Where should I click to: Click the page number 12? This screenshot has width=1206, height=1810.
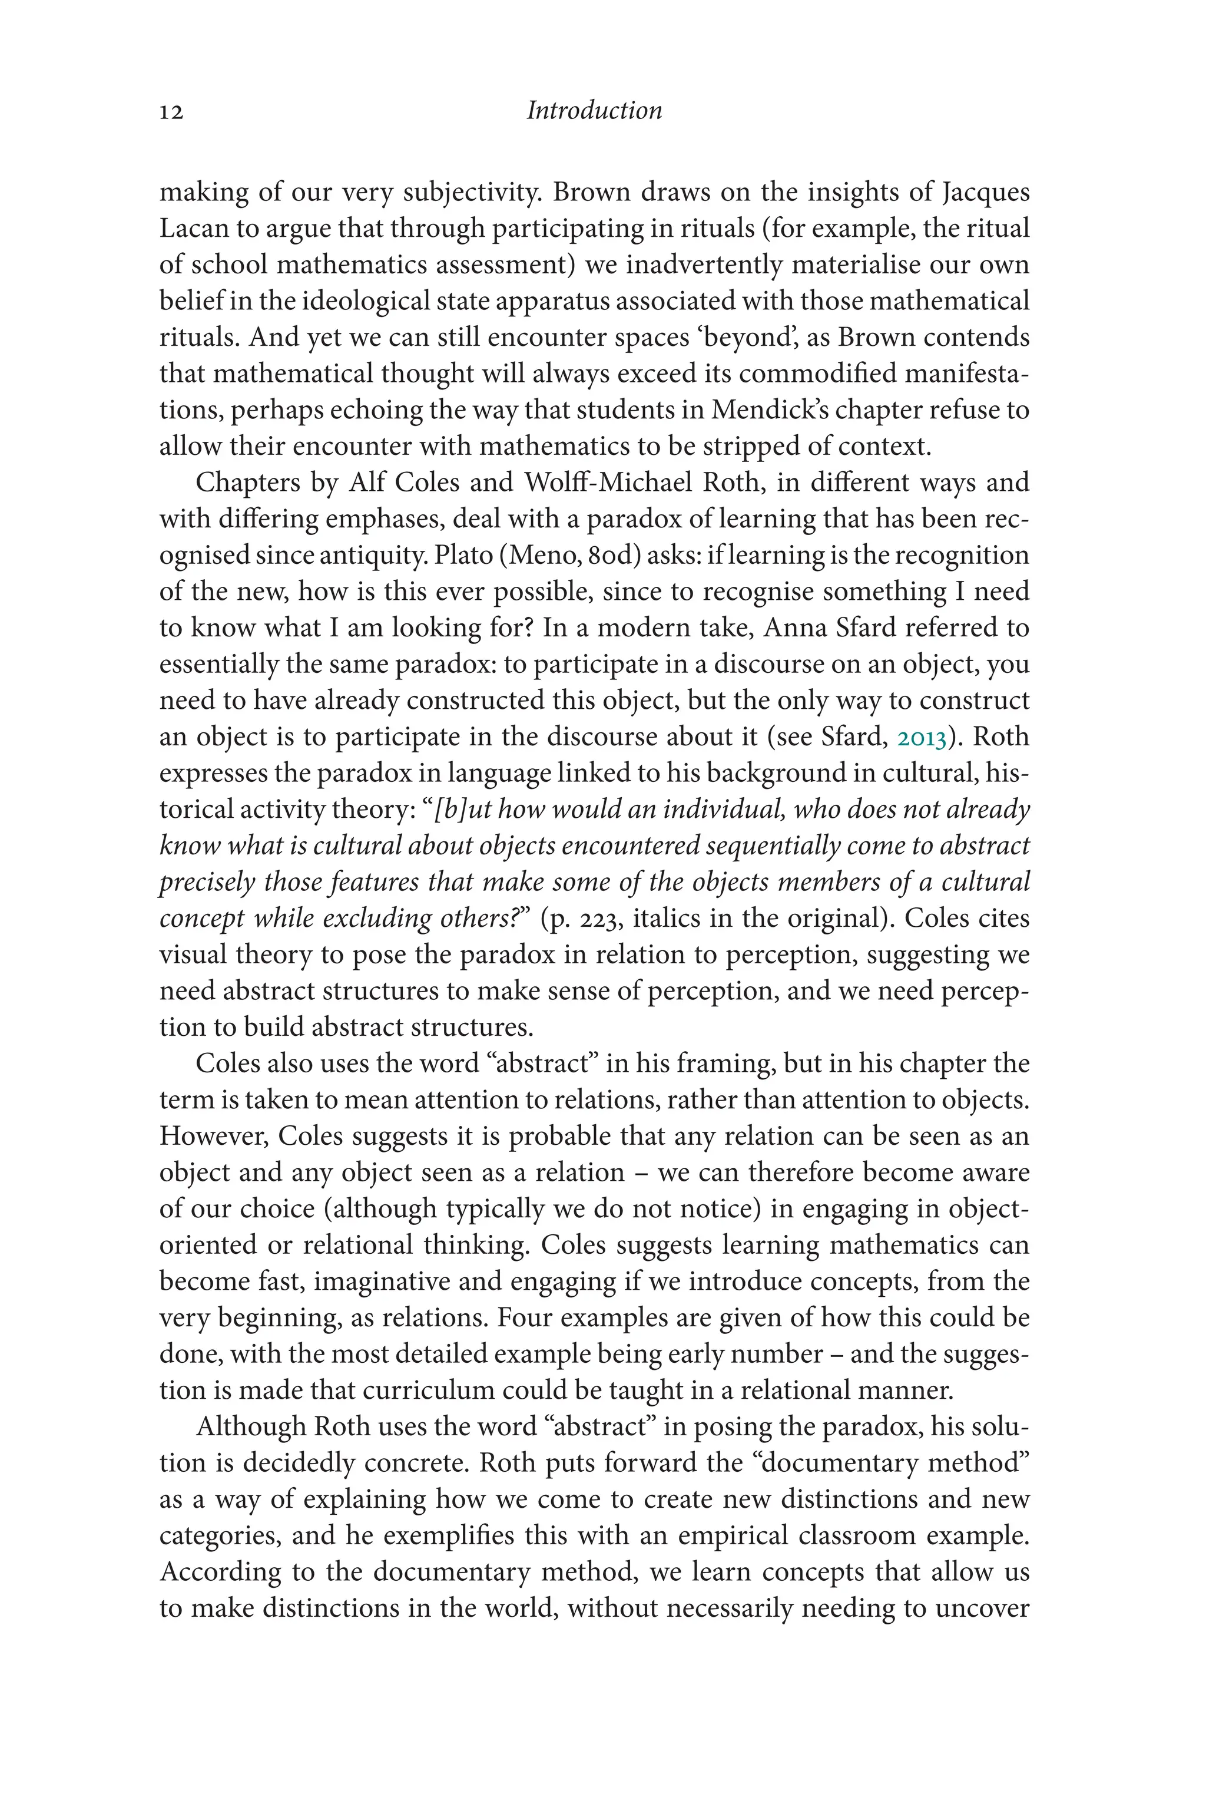click(171, 113)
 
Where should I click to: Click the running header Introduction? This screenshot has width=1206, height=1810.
click(594, 111)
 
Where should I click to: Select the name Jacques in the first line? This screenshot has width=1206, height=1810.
click(986, 193)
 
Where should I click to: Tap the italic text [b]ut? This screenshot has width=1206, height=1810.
click(463, 810)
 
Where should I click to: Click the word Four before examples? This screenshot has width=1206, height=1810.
click(524, 1318)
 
